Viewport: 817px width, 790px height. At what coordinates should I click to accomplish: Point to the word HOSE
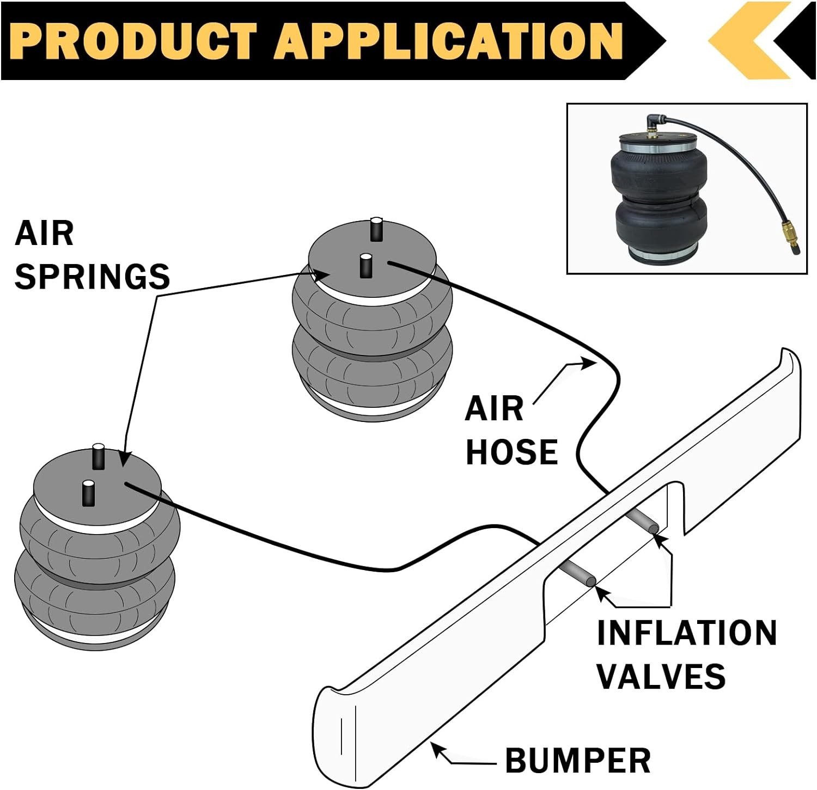(512, 452)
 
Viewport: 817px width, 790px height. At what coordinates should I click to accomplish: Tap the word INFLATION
(687, 633)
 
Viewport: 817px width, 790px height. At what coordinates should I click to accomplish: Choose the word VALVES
(661, 676)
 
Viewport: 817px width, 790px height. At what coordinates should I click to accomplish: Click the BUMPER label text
(578, 760)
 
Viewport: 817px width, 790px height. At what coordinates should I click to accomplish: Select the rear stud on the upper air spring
(376, 229)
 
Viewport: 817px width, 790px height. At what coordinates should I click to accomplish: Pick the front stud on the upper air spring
(365, 265)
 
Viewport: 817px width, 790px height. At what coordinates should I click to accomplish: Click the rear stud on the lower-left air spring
(98, 456)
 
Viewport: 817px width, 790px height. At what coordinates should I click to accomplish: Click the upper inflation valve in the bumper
(641, 520)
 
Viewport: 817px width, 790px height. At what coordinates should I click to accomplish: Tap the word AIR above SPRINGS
(44, 234)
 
